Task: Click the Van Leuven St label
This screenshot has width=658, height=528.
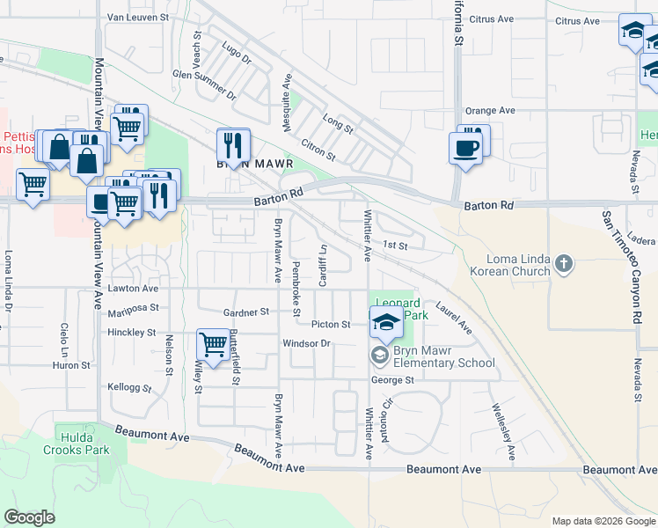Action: coord(137,17)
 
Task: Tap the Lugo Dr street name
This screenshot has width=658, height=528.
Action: coord(237,54)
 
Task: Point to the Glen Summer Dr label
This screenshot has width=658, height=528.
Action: coord(205,84)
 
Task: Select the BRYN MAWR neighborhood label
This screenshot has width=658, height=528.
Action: coord(254,164)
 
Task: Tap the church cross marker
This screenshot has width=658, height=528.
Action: coord(563,263)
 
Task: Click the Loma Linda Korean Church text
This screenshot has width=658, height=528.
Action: coord(520,265)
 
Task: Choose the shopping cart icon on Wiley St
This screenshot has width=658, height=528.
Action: coord(212,343)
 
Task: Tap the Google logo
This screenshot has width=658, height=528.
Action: coord(29,517)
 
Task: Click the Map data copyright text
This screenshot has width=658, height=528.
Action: coord(603,521)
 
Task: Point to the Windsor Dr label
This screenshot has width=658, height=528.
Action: coord(305,343)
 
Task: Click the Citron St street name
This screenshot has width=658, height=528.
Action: coord(318,147)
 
